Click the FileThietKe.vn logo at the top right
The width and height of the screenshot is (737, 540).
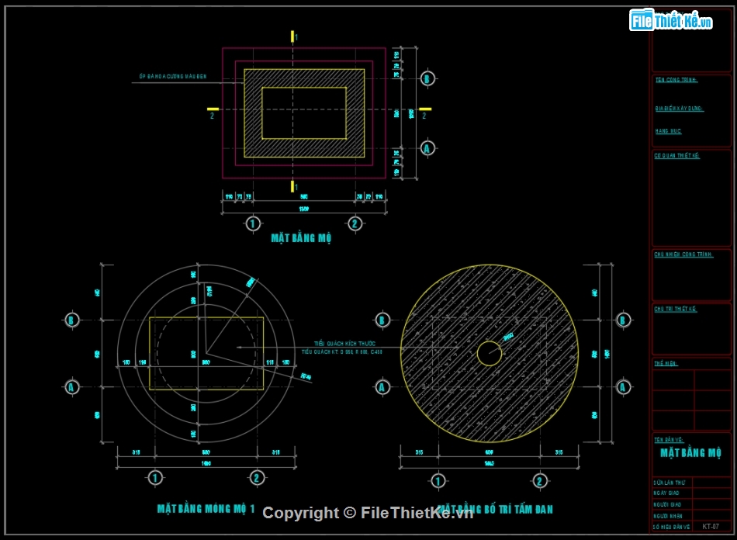[670, 21]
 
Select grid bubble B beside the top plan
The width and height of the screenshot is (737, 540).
[427, 78]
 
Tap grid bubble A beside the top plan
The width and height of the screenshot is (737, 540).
[427, 147]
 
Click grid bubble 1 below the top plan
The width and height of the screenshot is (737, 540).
[252, 223]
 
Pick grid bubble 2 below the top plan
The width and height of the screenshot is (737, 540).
[355, 223]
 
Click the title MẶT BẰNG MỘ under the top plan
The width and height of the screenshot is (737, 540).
[302, 238]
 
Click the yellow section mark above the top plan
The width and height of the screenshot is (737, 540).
[292, 36]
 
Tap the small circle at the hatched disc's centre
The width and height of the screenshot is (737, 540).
[489, 353]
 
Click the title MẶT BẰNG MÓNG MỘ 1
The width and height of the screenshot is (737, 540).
[205, 509]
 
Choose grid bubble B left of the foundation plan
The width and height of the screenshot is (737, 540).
[71, 320]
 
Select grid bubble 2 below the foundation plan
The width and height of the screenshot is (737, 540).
[257, 478]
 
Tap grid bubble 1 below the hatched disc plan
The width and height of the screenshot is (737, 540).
[438, 480]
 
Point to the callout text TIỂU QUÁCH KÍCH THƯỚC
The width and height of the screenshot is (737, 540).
[344, 343]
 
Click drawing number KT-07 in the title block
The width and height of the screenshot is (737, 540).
[710, 526]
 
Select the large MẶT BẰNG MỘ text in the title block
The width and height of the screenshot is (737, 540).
[690, 453]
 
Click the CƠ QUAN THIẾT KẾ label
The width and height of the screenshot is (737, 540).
[677, 156]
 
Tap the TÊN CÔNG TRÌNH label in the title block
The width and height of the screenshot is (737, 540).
[676, 80]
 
